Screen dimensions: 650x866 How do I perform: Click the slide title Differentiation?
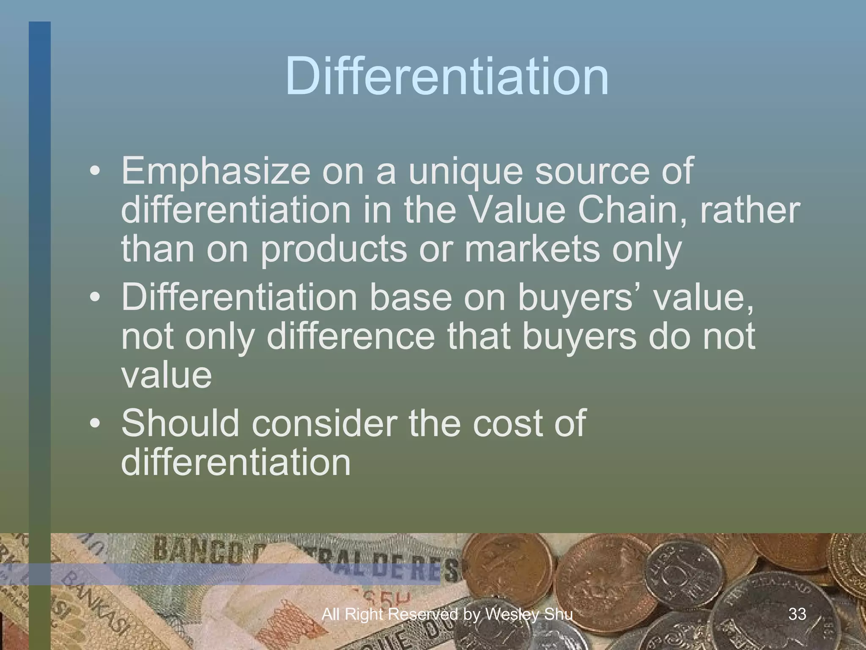(447, 77)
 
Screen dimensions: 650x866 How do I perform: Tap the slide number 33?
(797, 614)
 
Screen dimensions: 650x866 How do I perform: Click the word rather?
(750, 210)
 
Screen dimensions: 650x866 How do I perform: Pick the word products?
(334, 250)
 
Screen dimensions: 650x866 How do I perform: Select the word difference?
(351, 336)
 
